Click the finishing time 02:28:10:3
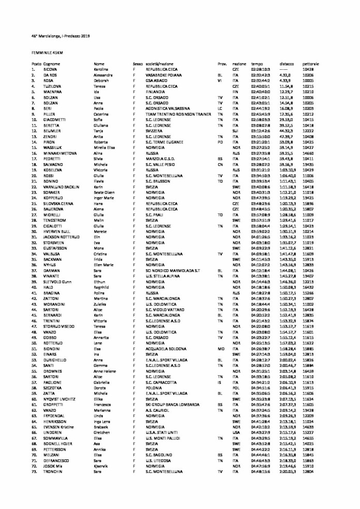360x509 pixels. pyautogui.click(x=260, y=69)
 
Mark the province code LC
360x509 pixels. pyautogui.click(x=220, y=109)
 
